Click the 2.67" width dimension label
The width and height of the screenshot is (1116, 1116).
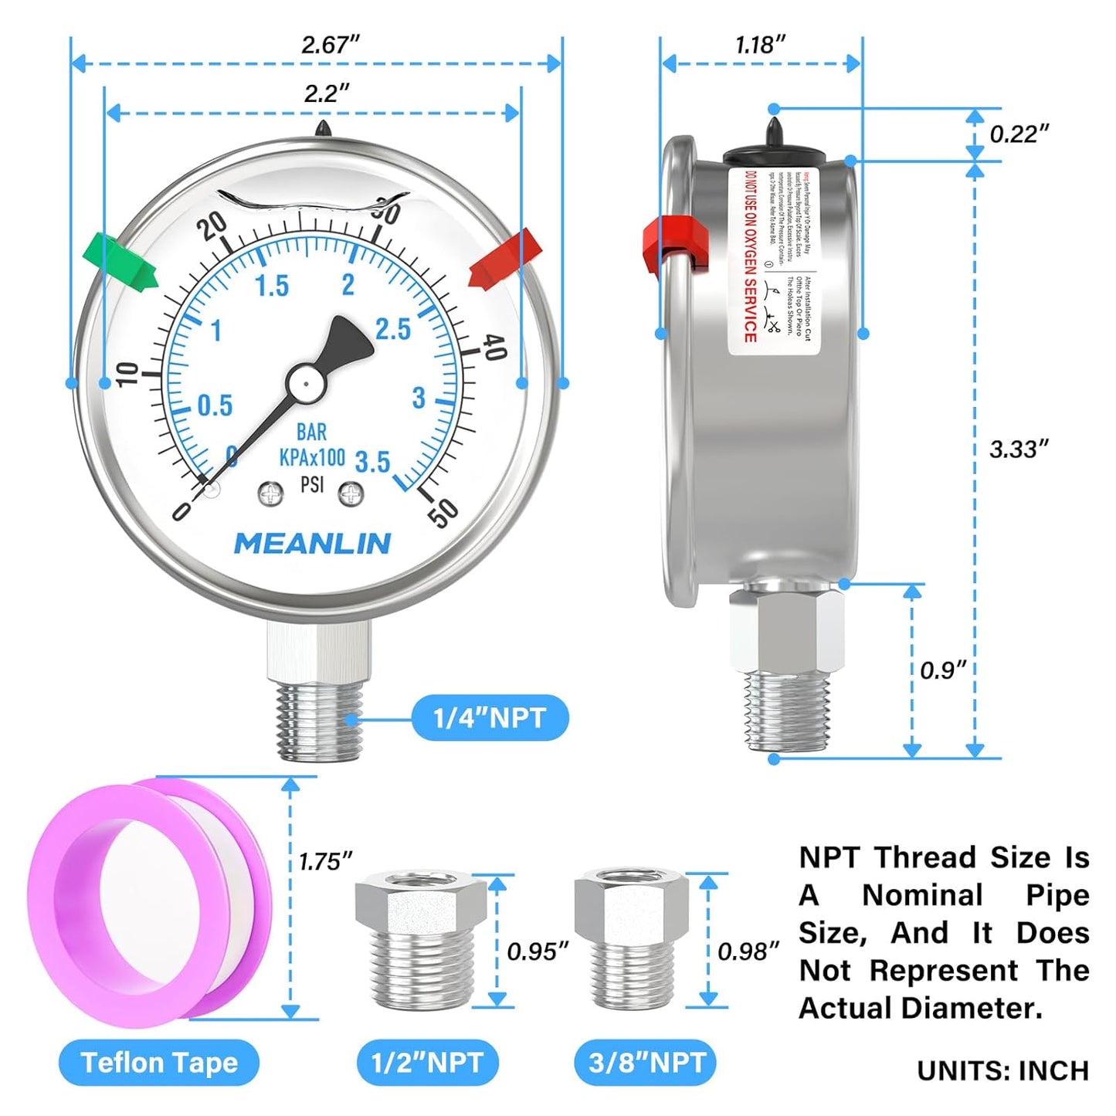[x=330, y=45]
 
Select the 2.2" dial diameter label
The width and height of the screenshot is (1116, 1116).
[x=326, y=93]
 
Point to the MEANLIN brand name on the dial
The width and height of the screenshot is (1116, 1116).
[x=312, y=544]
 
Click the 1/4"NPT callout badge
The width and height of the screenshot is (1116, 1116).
[x=490, y=718]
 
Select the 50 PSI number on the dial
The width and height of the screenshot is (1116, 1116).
[x=443, y=511]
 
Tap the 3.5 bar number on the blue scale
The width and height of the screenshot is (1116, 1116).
[x=372, y=462]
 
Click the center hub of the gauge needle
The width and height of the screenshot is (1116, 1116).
[x=306, y=382]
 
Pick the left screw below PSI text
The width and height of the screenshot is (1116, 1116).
[x=271, y=494]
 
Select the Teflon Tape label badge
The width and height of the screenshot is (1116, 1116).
[x=159, y=1063]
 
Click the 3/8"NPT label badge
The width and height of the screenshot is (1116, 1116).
[x=646, y=1063]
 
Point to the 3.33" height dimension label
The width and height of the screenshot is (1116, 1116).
[x=1019, y=449]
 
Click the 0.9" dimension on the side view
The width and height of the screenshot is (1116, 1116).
[x=942, y=670]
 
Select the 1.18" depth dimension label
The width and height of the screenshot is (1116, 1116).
[x=760, y=45]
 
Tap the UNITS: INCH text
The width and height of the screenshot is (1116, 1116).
[x=1002, y=1070]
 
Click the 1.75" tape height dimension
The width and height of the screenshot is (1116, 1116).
[x=325, y=861]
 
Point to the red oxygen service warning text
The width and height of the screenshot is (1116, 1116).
[x=749, y=256]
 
